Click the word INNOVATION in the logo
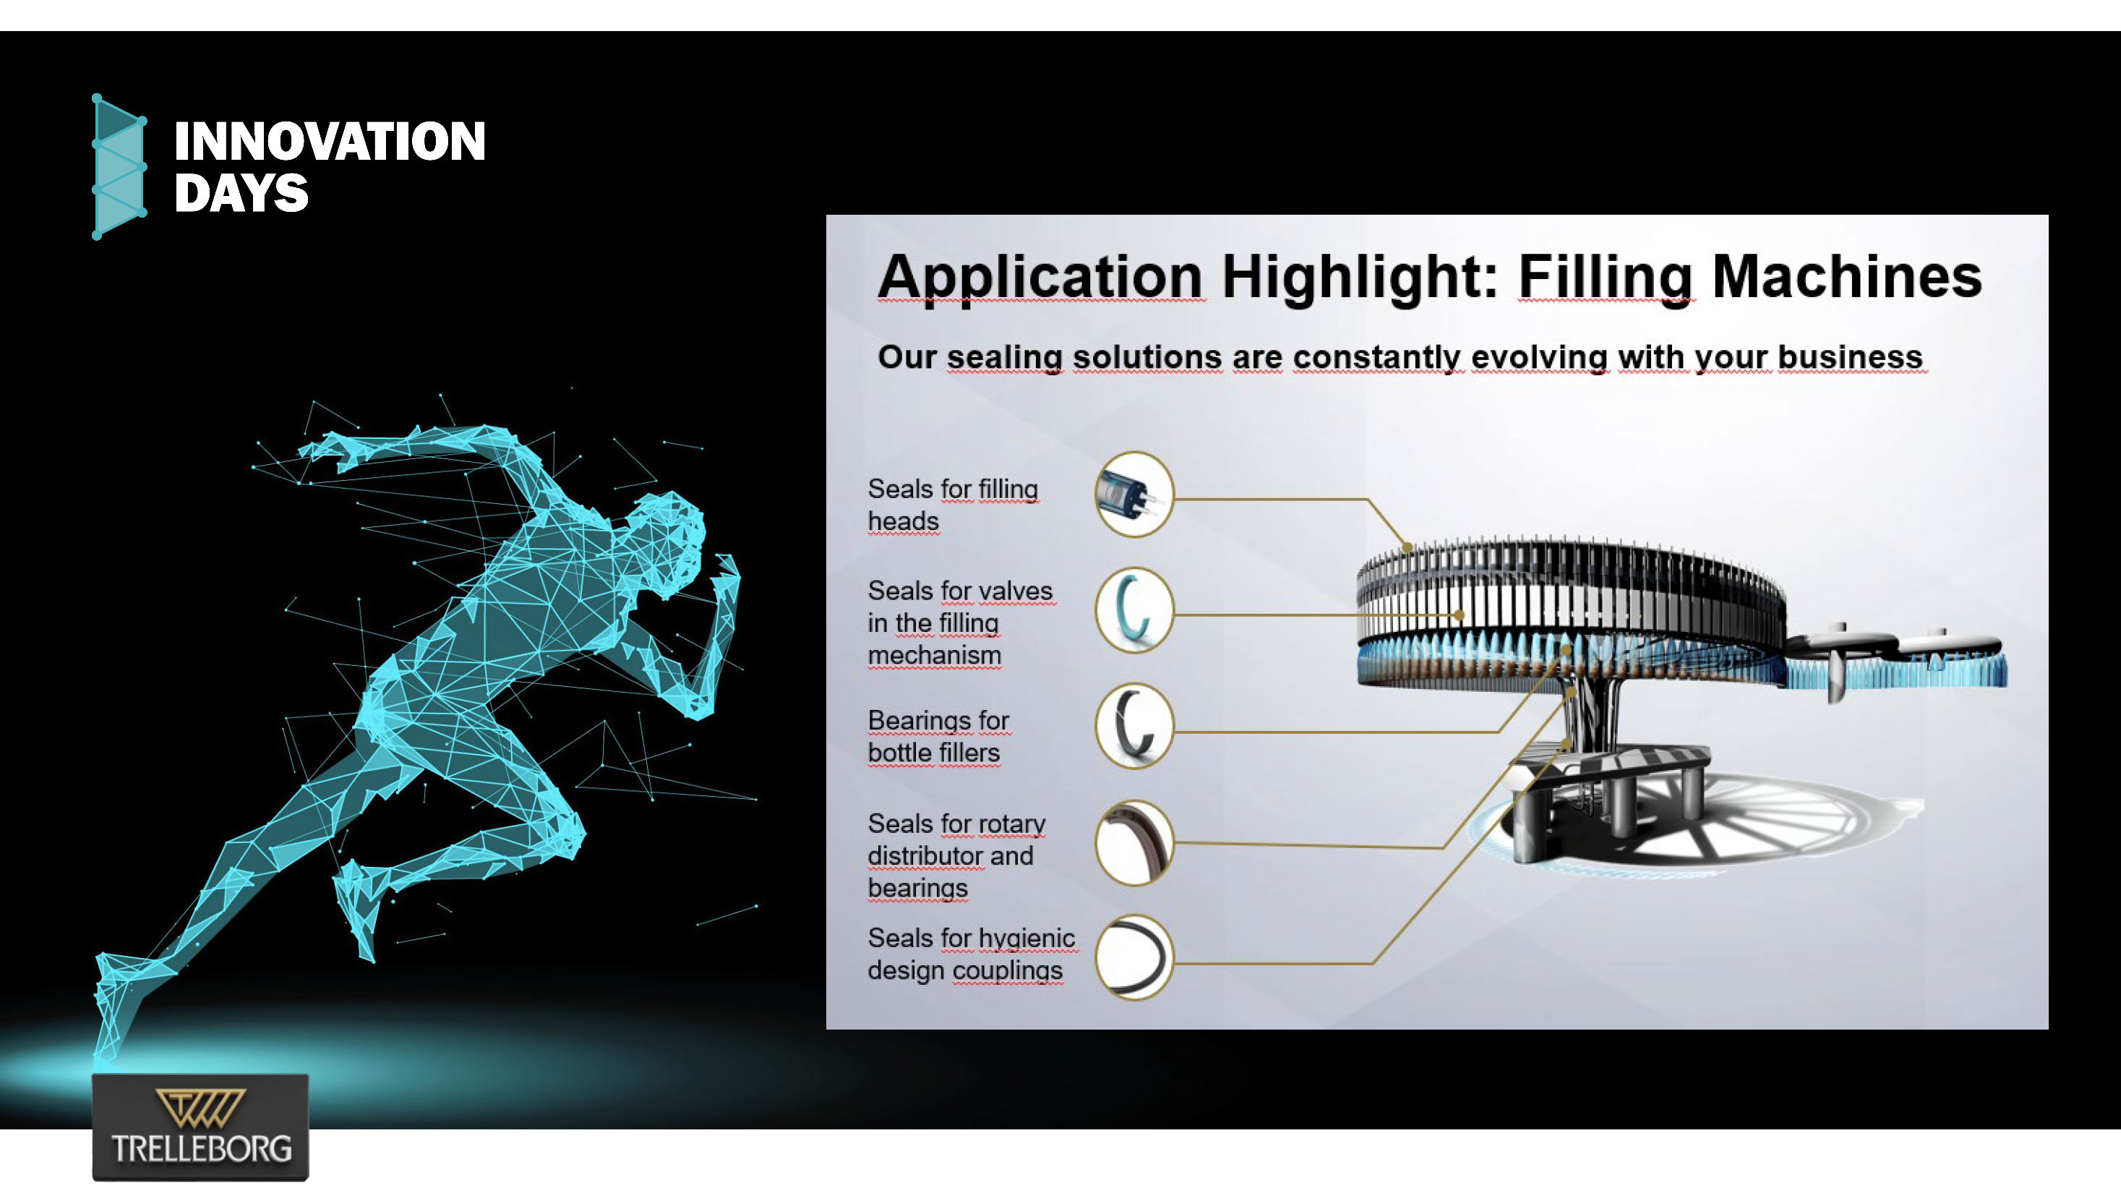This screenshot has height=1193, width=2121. [x=330, y=141]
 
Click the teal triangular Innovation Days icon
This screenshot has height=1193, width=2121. [x=119, y=167]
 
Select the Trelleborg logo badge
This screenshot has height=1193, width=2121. [x=200, y=1126]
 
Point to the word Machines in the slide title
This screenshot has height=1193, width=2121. [x=1847, y=277]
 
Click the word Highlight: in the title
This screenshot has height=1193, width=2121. [x=1358, y=277]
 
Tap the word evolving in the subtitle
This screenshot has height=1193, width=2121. [x=1539, y=357]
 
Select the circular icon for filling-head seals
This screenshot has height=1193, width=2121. [x=1134, y=494]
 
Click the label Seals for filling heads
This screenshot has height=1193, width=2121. [x=953, y=505]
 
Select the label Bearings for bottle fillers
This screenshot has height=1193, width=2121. [x=938, y=736]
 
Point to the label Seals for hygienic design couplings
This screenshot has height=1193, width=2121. [x=972, y=954]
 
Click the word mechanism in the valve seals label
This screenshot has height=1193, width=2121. [x=935, y=655]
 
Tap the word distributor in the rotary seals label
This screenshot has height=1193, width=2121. [x=925, y=856]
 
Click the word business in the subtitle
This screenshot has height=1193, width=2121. [x=1850, y=357]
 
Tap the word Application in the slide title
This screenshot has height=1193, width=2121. [x=1041, y=278]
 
